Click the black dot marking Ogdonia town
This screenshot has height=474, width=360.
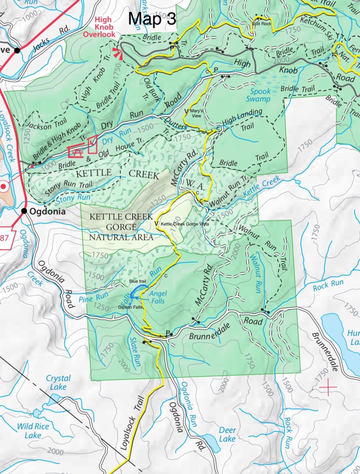[24, 211]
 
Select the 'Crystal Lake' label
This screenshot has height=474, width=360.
[58, 383]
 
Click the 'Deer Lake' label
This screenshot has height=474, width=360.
[227, 434]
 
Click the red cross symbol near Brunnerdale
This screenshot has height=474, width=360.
[328, 386]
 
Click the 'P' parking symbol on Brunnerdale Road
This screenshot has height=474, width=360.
[168, 333]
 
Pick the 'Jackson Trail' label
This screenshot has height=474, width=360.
[45, 125]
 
